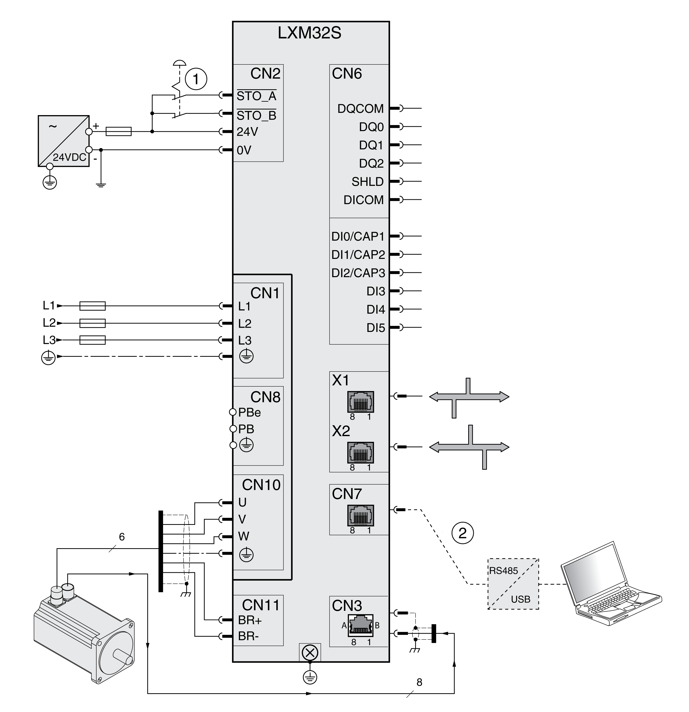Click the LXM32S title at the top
(x=310, y=33)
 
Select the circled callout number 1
(x=196, y=79)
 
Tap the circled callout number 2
(x=462, y=533)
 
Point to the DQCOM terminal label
(x=360, y=109)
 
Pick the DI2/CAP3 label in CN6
(x=358, y=273)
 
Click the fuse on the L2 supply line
(x=92, y=323)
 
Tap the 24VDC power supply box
(x=64, y=141)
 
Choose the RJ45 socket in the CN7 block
(x=360, y=515)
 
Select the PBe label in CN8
(x=249, y=413)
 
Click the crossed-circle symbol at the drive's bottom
(x=310, y=653)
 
